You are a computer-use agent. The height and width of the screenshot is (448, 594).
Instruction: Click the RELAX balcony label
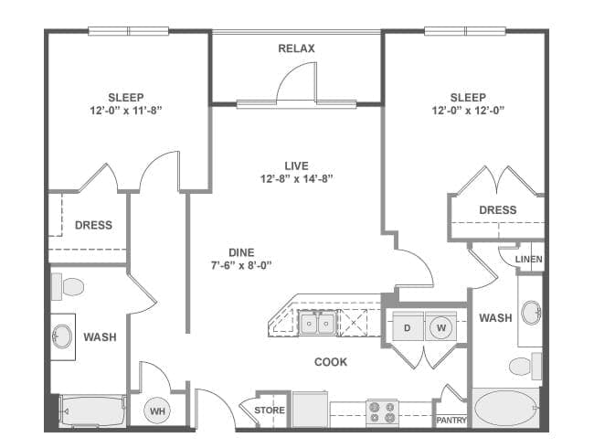(296, 48)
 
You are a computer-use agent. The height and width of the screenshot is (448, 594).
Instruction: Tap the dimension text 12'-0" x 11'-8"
(125, 111)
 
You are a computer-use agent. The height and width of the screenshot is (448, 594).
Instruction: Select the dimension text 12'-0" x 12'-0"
(468, 111)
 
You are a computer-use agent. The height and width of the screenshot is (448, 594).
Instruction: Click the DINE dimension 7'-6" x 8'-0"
(241, 265)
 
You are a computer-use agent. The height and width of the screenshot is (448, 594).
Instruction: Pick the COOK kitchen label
(331, 362)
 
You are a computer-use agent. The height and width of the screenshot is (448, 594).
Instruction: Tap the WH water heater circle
(158, 411)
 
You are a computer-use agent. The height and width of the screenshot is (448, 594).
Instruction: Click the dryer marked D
(408, 327)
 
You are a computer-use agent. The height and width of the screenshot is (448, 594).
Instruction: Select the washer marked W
(440, 327)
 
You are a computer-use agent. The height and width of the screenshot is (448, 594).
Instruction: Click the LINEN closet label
(528, 260)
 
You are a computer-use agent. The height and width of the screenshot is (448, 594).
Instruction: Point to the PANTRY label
(451, 421)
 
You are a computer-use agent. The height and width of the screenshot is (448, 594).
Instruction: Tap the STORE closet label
(270, 410)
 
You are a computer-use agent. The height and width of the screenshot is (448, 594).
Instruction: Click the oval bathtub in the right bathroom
(507, 409)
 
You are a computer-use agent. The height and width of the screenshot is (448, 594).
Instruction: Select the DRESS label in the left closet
(93, 225)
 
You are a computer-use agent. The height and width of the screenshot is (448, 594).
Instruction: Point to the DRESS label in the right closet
(497, 209)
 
